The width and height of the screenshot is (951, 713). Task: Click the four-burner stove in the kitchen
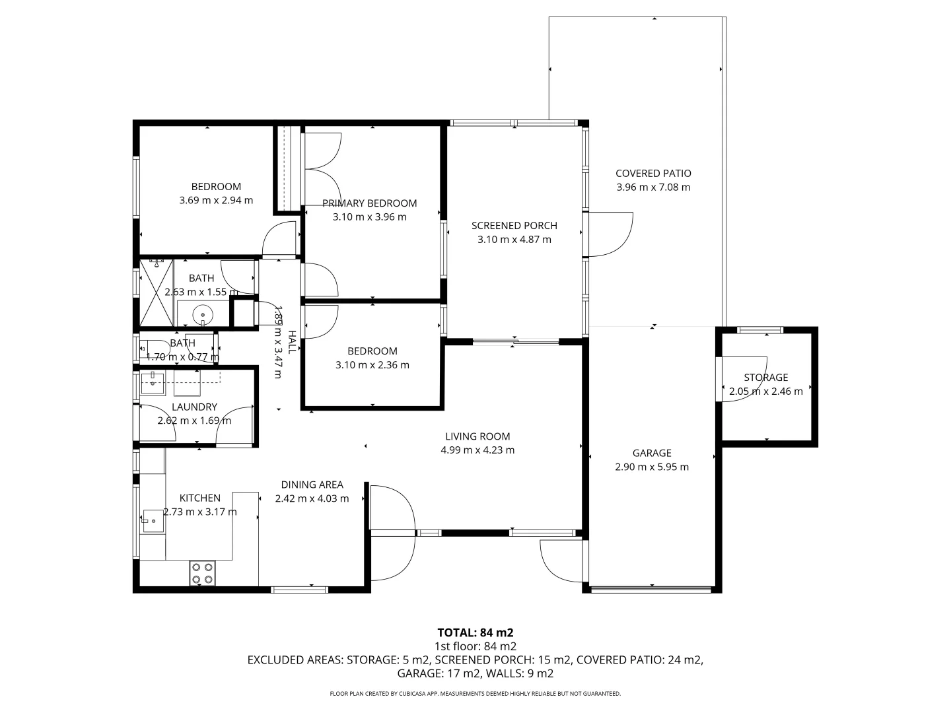point(202,573)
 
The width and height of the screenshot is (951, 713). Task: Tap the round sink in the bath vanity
point(202,314)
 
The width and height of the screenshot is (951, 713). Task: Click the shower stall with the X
point(157,292)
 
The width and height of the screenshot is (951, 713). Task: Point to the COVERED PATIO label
point(653,173)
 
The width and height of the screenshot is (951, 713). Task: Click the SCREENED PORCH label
point(514,226)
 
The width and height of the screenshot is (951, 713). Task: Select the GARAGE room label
point(652,453)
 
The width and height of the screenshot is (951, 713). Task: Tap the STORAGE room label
point(765,378)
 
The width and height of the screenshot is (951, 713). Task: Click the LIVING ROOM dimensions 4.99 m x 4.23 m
point(477,450)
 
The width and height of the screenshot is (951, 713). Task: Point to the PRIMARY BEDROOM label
point(369,203)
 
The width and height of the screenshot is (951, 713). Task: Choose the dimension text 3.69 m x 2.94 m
point(216,200)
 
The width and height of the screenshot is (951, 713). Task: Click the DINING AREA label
point(312,485)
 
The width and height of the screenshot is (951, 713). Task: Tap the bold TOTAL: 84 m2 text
point(475,632)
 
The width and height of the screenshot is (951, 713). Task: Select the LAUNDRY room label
point(194,407)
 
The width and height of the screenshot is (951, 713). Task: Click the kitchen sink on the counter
point(153,521)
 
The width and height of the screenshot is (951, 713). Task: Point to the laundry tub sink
point(153,383)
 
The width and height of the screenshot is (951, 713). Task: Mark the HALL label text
point(292,342)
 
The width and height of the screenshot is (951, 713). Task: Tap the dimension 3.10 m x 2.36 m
point(372,365)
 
